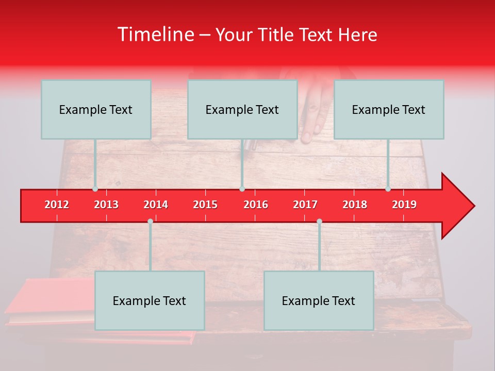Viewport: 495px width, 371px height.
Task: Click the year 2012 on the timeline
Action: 57,205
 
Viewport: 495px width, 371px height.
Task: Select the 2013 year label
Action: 106,205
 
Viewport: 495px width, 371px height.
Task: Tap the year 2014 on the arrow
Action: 156,205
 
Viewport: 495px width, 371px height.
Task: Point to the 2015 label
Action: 205,205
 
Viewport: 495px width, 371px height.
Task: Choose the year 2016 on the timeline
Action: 256,205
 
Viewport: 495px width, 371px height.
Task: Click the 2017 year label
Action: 305,205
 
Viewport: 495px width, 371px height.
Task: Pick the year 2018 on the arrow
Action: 355,205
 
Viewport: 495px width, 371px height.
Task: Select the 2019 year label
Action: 404,205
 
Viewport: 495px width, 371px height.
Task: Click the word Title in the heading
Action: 276,35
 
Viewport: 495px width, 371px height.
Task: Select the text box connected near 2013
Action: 96,109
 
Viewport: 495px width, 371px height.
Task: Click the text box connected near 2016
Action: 242,109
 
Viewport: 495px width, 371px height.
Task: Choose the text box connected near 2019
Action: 389,109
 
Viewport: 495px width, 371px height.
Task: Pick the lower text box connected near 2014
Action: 150,300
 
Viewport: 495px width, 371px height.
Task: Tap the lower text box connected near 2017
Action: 319,300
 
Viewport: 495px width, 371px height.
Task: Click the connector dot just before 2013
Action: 95,189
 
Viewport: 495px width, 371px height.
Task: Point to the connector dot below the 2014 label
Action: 150,221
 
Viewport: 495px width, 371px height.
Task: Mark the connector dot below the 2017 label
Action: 319,221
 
